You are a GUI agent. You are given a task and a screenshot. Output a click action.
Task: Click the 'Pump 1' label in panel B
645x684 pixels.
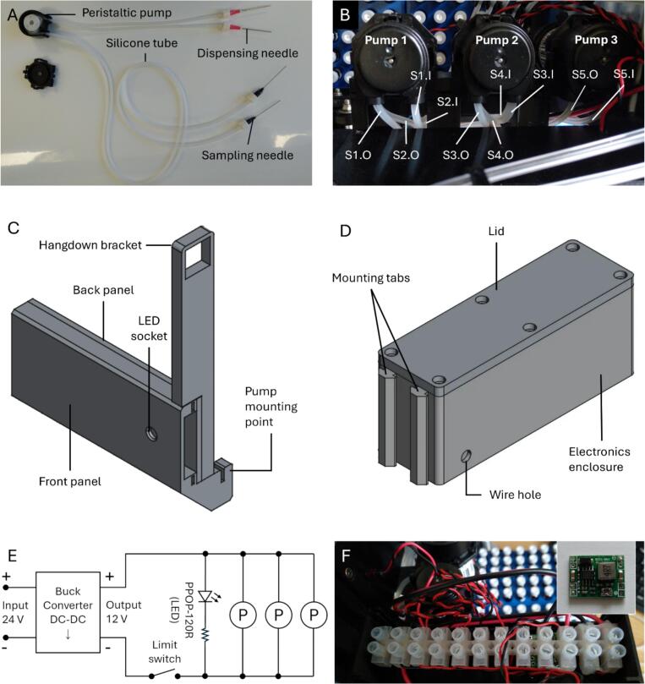pos(386,40)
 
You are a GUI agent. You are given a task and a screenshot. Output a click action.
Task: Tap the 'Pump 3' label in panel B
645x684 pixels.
pos(596,40)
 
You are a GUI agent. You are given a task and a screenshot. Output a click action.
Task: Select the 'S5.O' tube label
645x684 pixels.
pos(585,74)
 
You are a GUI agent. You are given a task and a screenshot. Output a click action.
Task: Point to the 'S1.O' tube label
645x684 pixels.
pos(358,155)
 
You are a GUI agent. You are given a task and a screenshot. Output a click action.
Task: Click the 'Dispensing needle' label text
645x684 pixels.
pos(248,53)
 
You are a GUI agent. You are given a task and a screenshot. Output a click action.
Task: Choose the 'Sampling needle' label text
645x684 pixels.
pos(248,156)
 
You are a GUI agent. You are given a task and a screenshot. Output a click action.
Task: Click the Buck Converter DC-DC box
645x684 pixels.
pos(68,612)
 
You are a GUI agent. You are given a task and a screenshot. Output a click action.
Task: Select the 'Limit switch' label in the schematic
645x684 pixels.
pos(164,652)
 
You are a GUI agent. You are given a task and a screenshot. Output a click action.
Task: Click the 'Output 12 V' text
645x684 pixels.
pos(124,611)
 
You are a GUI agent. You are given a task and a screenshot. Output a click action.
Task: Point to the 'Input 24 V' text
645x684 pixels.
pos(15,612)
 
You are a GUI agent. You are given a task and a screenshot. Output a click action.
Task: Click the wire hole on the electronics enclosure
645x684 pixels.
pos(467,457)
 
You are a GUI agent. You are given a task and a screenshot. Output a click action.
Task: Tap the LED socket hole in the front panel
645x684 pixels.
pos(152,434)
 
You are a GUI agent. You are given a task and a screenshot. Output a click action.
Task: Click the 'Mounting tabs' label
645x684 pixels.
pos(371,278)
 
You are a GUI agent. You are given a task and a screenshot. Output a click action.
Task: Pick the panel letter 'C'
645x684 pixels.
pos(14,228)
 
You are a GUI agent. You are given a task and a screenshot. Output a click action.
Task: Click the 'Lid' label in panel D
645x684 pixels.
pos(496,231)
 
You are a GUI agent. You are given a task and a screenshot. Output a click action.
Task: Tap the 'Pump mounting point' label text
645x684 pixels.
pos(271,407)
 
